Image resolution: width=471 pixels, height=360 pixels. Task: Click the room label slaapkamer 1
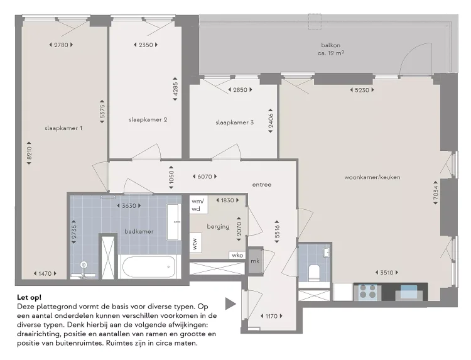(63, 128)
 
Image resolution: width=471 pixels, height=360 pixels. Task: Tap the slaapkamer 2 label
(148, 119)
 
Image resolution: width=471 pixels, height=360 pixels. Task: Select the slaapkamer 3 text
(234, 123)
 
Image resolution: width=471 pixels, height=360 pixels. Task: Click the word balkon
(330, 45)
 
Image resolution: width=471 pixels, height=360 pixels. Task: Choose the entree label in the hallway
(261, 185)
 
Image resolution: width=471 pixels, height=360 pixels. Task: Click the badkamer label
(138, 231)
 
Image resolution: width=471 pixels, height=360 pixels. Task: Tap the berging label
(218, 226)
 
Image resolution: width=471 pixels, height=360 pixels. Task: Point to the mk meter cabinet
(255, 261)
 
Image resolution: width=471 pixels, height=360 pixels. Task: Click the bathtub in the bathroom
(151, 267)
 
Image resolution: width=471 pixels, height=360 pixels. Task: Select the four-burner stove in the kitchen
(366, 292)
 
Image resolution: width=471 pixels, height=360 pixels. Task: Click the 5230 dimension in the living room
(362, 90)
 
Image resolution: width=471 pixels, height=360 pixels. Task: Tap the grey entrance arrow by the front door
(230, 303)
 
